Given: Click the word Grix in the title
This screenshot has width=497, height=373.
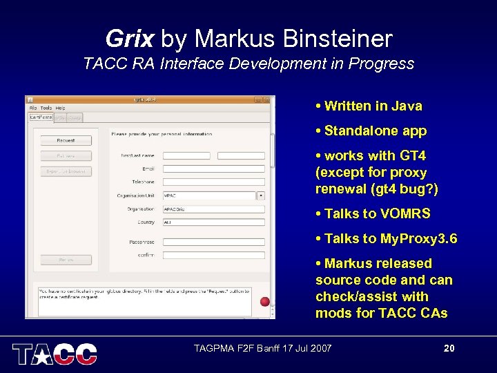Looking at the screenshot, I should click(129, 39).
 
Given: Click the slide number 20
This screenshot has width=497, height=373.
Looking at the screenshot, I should click(449, 348).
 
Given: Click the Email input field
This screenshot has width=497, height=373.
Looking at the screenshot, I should click(214, 169).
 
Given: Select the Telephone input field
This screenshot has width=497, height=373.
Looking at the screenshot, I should click(214, 182).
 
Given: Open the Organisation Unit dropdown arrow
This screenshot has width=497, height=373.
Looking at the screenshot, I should click(261, 195).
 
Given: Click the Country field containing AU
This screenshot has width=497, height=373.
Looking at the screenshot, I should click(214, 222).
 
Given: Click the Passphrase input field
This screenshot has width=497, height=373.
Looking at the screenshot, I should click(214, 242).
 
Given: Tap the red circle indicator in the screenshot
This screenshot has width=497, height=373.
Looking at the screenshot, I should click(264, 301).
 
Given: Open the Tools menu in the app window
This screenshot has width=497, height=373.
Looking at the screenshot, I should click(46, 108).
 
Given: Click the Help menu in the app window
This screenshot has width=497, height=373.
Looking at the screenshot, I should click(61, 108).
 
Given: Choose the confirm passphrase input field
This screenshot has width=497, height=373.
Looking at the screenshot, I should click(214, 255).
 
